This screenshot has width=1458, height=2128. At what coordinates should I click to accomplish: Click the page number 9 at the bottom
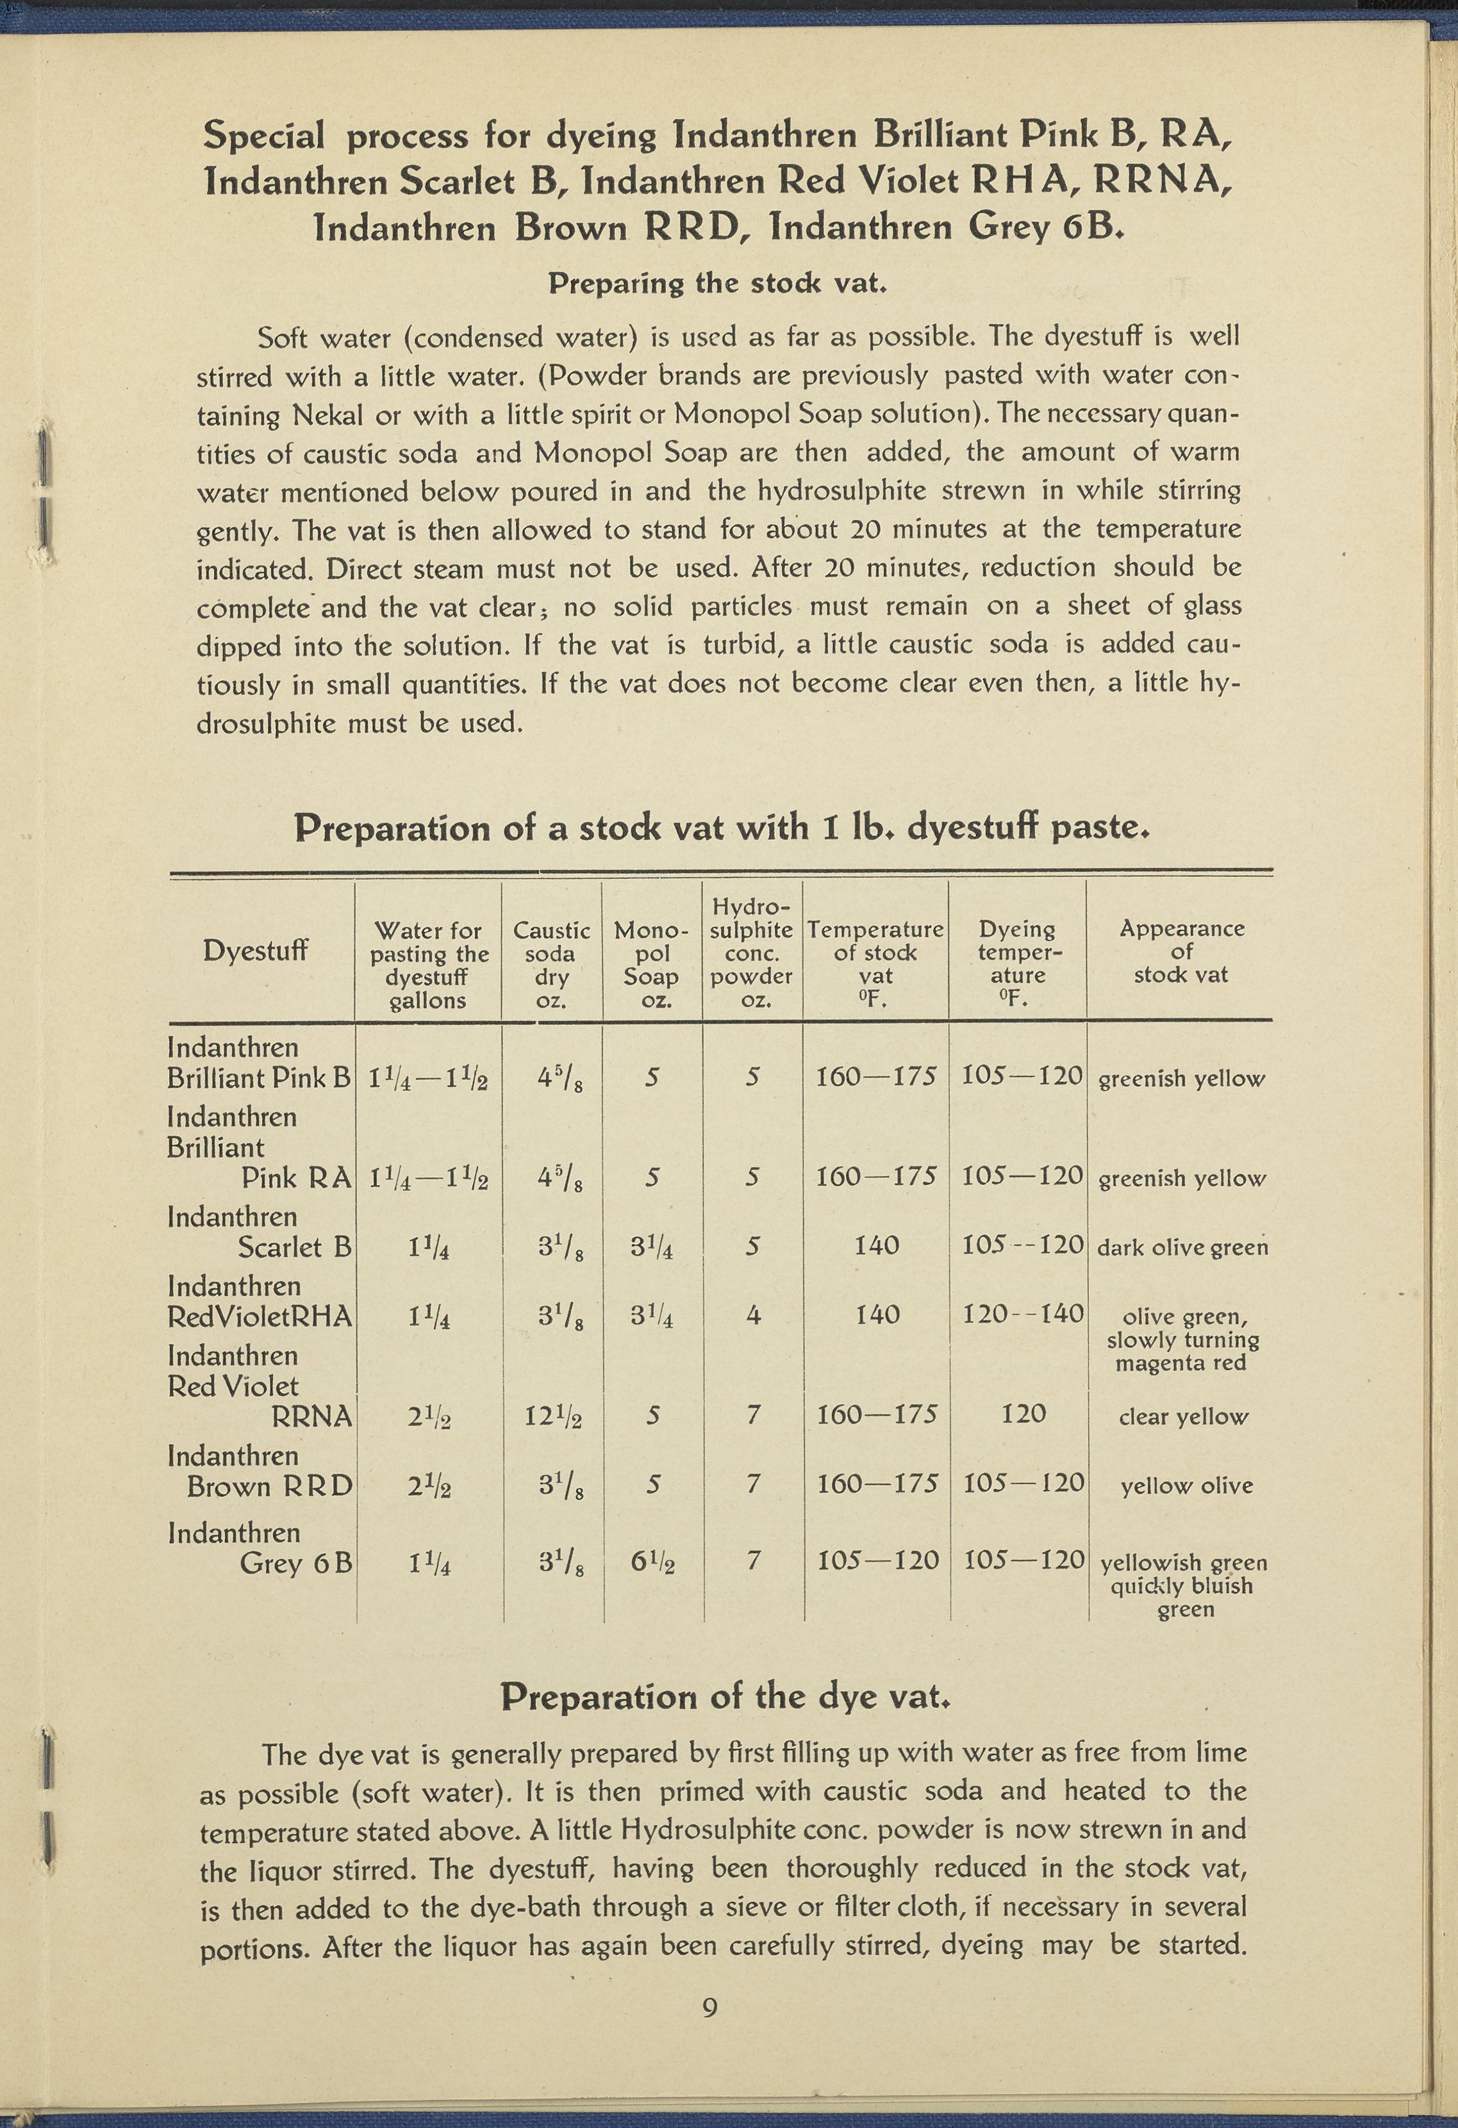coord(709,2008)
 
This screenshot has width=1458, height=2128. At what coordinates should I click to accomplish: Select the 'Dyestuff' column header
coord(256,951)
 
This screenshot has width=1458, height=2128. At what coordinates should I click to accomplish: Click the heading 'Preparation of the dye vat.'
coord(728,1697)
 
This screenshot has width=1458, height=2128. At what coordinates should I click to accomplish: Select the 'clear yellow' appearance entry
coord(1182,1416)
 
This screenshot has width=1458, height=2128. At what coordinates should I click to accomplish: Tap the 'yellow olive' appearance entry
coord(1186,1486)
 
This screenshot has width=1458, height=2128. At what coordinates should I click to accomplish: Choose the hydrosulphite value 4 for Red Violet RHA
coord(753,1316)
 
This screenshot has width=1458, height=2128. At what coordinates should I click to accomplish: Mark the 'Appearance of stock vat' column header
coord(1181,951)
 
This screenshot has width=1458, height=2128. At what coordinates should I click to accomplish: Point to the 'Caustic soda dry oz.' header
coord(551,964)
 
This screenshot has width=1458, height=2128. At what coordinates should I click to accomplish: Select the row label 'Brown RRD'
coord(269,1486)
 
